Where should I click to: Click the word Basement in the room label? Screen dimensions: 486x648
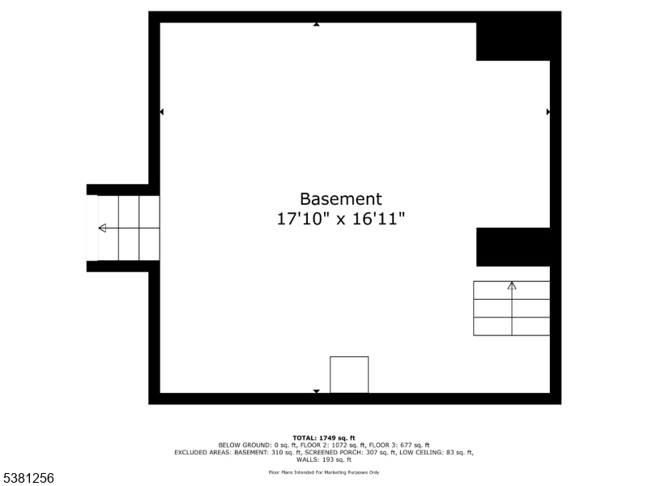pyautogui.click(x=340, y=198)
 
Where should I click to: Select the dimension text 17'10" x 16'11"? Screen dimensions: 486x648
pyautogui.click(x=340, y=219)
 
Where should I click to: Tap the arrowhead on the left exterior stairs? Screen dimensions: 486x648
pyautogui.click(x=102, y=228)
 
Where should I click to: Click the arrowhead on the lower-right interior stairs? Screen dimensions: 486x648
pyautogui.click(x=512, y=285)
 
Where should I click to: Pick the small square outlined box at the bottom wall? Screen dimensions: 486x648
pyautogui.click(x=349, y=374)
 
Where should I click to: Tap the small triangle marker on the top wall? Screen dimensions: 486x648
pyautogui.click(x=316, y=24)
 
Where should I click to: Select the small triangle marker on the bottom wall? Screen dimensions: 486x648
pyautogui.click(x=316, y=391)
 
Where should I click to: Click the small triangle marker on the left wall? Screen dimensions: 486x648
pyautogui.click(x=161, y=112)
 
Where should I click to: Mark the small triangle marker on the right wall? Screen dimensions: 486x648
pyautogui.click(x=548, y=112)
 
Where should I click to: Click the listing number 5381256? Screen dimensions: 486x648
pyautogui.click(x=28, y=479)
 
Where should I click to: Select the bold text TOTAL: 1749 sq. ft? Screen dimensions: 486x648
pyautogui.click(x=324, y=437)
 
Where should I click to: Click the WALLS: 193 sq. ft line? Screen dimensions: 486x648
pyautogui.click(x=324, y=459)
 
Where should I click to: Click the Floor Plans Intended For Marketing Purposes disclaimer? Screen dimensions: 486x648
pyautogui.click(x=324, y=472)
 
